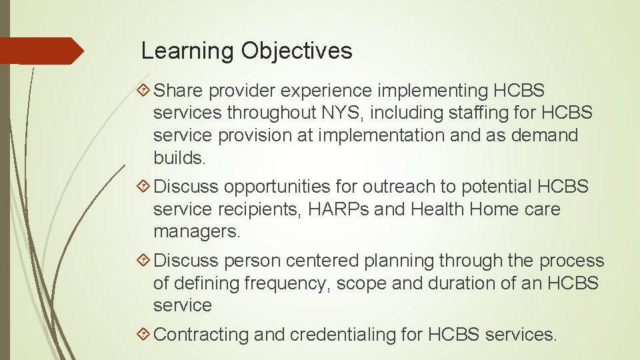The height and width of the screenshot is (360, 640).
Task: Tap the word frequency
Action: (x=287, y=283)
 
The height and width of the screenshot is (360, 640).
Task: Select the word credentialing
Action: (x=347, y=335)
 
